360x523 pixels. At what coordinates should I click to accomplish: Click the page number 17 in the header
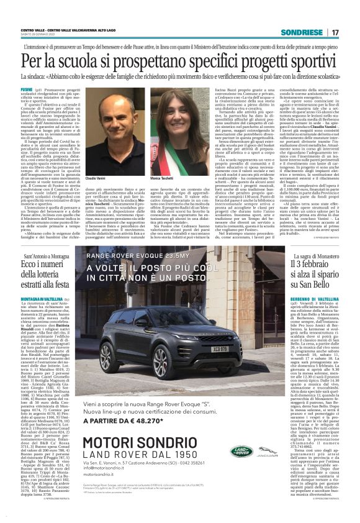click(335, 32)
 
